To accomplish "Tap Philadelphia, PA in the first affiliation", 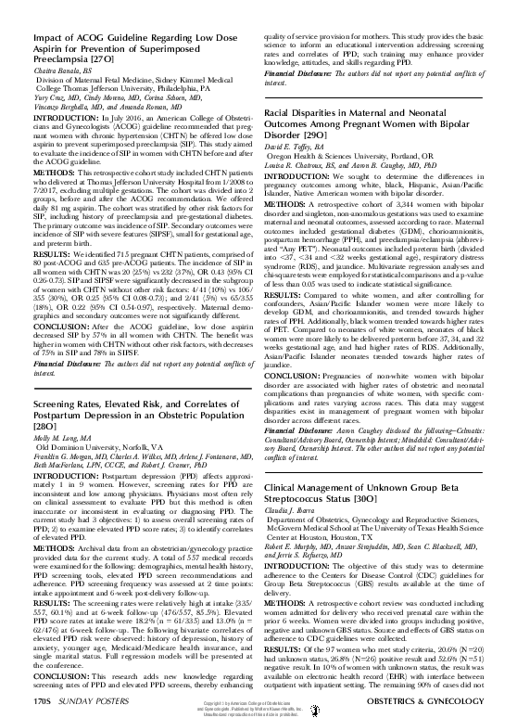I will click(x=191, y=87).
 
